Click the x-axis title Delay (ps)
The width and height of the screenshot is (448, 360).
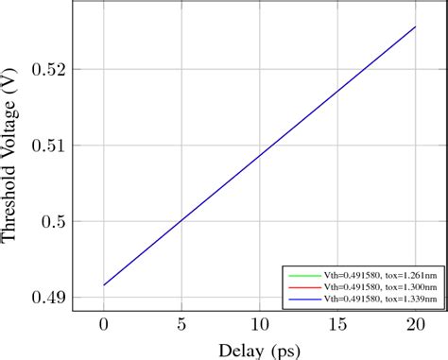(x=260, y=349)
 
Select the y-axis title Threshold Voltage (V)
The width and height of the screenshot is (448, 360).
(x=12, y=161)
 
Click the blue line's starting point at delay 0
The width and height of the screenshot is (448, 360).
(x=104, y=284)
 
